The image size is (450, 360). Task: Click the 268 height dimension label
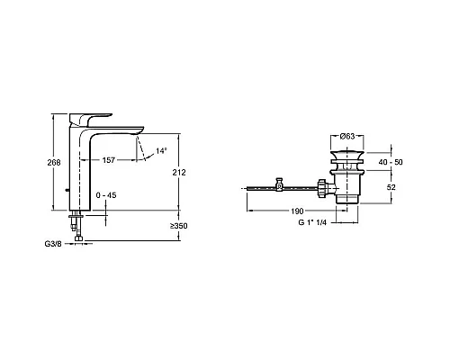(54, 162)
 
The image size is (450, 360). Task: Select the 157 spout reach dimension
(108, 160)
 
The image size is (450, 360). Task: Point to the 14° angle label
(161, 151)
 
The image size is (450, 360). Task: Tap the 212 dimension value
(179, 173)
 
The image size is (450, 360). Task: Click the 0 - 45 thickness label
(106, 195)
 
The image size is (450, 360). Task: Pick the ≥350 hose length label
(179, 226)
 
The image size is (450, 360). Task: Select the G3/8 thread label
(53, 244)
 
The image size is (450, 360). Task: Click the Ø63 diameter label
(347, 137)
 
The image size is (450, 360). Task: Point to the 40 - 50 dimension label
(391, 162)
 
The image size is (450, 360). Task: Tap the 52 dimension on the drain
(391, 187)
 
